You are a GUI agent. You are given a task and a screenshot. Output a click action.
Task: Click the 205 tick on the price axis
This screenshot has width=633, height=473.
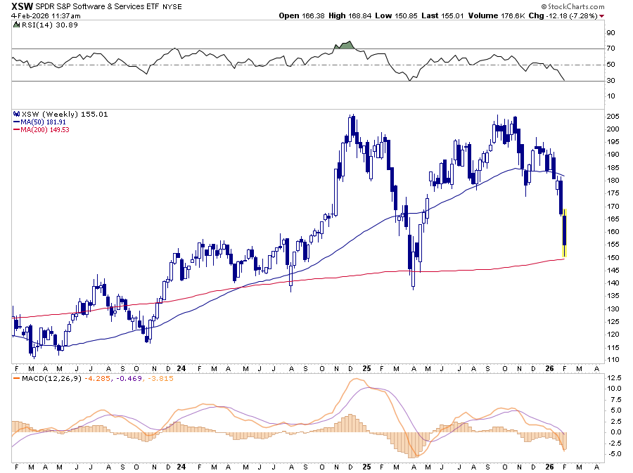[x=613, y=116]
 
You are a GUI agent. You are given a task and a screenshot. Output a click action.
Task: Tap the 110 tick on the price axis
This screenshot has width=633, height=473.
[x=613, y=360]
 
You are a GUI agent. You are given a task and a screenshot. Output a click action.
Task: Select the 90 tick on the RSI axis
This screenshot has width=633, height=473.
[x=611, y=32]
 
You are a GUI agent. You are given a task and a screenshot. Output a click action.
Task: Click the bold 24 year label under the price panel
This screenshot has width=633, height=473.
[x=181, y=368]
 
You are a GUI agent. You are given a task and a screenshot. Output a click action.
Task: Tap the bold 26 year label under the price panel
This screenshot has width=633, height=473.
[x=551, y=368]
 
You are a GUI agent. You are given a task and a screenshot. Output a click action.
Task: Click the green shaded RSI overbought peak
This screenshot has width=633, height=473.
[x=345, y=46]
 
